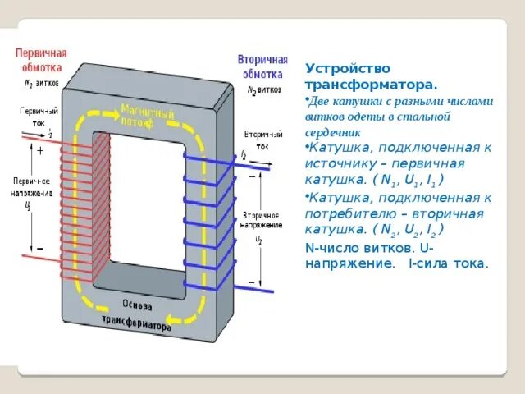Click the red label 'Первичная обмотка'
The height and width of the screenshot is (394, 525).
tap(41, 59)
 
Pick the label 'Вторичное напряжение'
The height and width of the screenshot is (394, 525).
tap(262, 219)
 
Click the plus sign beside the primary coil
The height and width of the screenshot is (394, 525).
tap(39, 151)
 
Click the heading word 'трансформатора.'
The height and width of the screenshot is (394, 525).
tap(371, 84)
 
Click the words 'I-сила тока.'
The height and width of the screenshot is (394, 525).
tap(448, 263)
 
